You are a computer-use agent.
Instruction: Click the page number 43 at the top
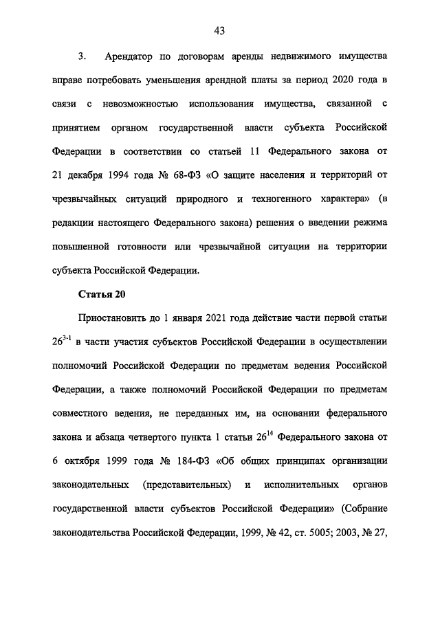pos(220,30)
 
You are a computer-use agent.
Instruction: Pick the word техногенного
pos(283,199)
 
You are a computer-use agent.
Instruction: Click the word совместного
pos(80,414)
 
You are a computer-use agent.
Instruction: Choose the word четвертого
pos(146,438)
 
